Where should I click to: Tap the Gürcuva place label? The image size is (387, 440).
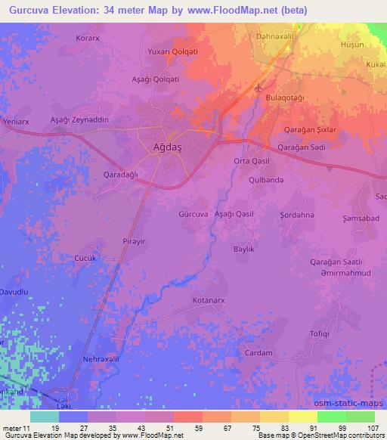pos(192,214)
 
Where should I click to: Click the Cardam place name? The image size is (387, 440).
pos(259,353)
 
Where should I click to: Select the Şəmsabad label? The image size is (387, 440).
pos(359,218)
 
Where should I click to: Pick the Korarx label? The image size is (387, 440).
pos(88,36)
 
